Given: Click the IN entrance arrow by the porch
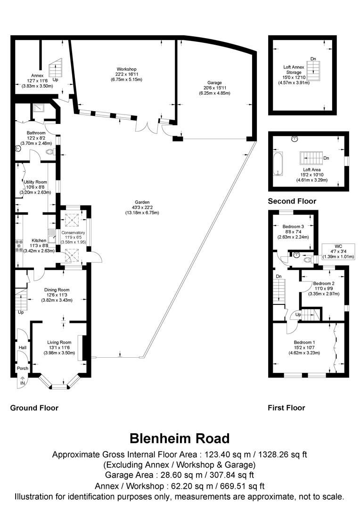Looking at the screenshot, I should click(x=22, y=382).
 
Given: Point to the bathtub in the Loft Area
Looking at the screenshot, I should click(x=278, y=163).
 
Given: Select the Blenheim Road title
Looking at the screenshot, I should click(x=180, y=438).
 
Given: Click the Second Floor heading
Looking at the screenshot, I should click(x=292, y=201).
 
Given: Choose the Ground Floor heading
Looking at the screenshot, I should click(x=34, y=408).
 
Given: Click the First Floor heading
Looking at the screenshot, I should click(x=286, y=408).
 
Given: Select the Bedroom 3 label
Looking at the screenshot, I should click(x=294, y=226).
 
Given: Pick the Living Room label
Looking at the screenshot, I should click(x=59, y=343).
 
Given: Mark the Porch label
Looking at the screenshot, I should click(x=22, y=368).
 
